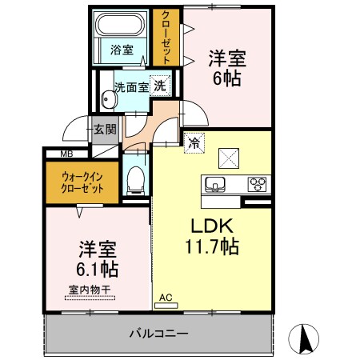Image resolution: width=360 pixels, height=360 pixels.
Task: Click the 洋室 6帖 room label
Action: point(226,69)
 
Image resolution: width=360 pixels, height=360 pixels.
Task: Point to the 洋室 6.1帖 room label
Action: point(97,258)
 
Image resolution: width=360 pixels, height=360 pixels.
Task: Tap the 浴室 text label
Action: point(122,50)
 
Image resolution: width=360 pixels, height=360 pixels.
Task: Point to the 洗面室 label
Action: point(130,86)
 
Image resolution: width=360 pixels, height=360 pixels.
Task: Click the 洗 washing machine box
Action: point(161,86)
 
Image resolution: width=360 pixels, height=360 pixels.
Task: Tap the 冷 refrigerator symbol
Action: point(194,144)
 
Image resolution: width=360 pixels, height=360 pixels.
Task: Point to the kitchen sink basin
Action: point(215,185)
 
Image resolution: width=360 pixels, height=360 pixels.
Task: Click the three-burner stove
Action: point(258,184)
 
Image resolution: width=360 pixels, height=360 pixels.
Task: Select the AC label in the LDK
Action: point(166,298)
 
